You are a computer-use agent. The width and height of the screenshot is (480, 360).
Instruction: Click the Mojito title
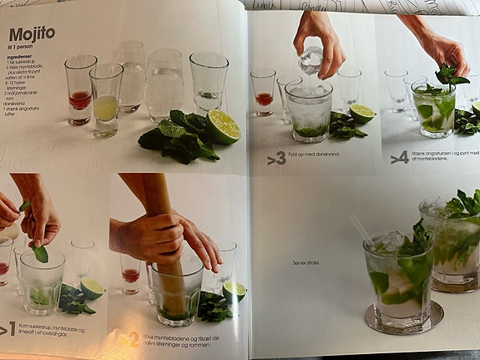(x=32, y=34)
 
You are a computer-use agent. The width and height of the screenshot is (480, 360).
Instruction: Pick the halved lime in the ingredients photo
(x=223, y=126)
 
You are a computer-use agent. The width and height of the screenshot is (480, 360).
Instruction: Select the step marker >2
(x=129, y=339)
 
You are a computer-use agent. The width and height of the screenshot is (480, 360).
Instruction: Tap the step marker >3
(x=276, y=156)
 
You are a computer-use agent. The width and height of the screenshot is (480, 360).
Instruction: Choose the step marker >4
(x=399, y=155)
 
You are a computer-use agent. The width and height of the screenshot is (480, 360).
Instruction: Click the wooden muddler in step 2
(x=163, y=242)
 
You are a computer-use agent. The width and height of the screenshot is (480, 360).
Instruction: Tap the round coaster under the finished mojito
(x=403, y=318)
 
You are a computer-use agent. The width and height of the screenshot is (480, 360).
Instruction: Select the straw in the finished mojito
(x=361, y=226)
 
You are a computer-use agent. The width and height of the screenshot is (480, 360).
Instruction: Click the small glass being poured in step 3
(x=311, y=61)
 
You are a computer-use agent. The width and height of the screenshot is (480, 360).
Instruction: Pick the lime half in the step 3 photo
(x=361, y=113)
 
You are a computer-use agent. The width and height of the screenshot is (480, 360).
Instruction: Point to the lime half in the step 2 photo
(x=235, y=291)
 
